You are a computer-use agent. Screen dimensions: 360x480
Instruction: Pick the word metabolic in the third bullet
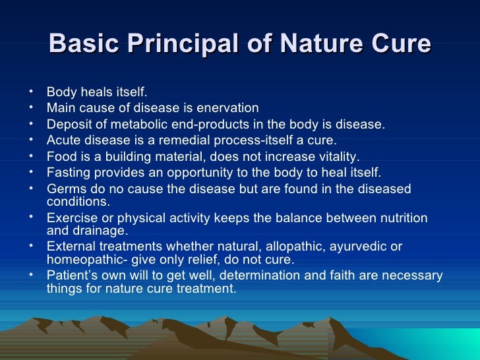click(165, 125)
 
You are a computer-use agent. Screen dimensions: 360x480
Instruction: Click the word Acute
click(63, 140)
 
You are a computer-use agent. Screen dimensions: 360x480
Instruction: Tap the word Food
click(61, 157)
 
